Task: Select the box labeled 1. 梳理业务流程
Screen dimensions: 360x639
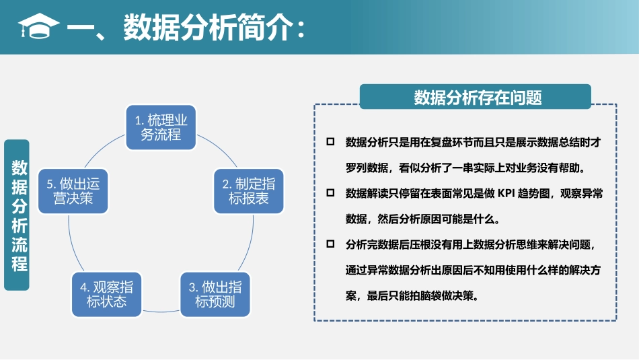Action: (161, 127)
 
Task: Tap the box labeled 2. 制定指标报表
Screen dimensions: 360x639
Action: (248, 191)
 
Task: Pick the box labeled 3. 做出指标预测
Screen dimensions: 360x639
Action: (215, 294)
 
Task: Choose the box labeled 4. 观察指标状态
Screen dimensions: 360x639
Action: (106, 294)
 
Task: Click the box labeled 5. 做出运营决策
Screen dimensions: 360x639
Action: (73, 191)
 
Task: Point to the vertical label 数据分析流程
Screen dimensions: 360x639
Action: (17, 215)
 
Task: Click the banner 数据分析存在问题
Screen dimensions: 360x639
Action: (476, 98)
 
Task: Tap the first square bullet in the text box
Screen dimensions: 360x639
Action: (330, 142)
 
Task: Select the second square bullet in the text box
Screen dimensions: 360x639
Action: (330, 193)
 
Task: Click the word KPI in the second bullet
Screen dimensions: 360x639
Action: (506, 194)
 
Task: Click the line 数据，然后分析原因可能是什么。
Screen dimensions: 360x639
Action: (422, 219)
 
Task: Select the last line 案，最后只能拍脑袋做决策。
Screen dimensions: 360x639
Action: (412, 295)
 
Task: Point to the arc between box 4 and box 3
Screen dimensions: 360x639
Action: (161, 310)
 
